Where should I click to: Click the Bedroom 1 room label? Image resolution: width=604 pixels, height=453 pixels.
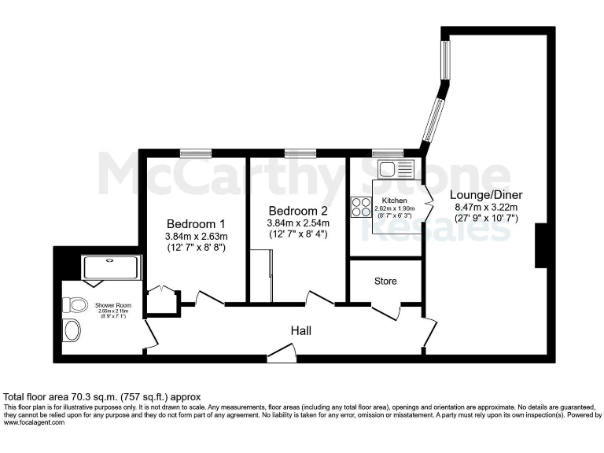[196, 223]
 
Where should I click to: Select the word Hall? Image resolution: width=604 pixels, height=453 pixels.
[300, 331]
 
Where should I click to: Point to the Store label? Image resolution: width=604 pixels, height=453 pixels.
[385, 281]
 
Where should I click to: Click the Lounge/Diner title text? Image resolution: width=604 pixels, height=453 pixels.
[486, 194]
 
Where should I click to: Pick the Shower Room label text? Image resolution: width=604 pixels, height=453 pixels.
[112, 305]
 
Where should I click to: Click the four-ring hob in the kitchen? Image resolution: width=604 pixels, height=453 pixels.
[361, 207]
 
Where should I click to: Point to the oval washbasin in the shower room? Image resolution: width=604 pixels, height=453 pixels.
[72, 330]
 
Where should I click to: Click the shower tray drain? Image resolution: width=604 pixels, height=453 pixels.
[109, 260]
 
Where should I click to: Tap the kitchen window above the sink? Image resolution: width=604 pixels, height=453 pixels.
[386, 153]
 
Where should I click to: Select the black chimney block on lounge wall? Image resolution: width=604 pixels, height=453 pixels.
[542, 245]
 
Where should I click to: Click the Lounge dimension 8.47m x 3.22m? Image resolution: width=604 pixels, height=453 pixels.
[486, 207]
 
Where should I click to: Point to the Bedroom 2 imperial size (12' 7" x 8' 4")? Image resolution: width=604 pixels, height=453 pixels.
[298, 234]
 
